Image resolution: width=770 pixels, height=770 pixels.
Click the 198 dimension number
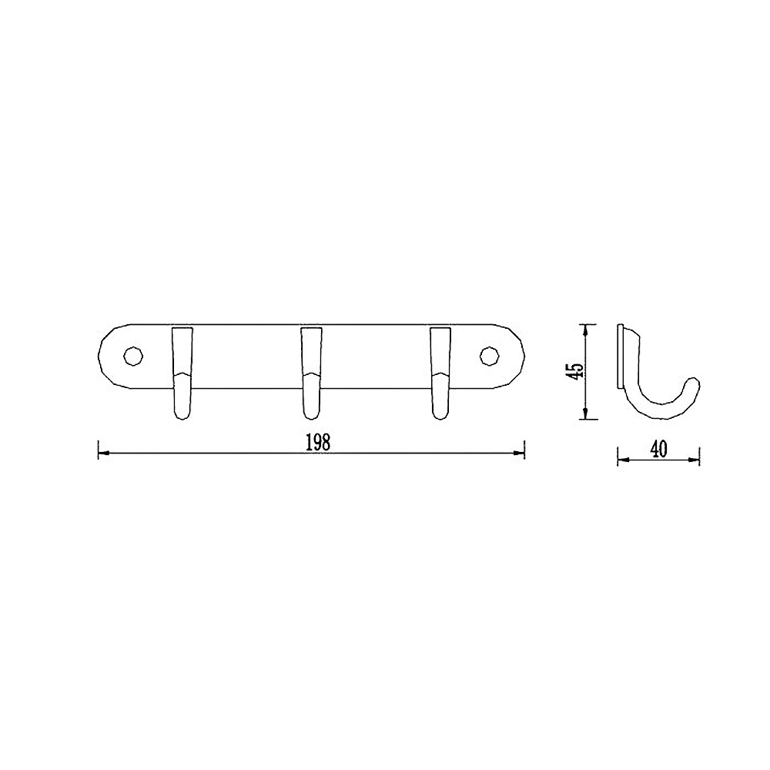click(318, 444)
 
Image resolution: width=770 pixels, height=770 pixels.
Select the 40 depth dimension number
click(658, 450)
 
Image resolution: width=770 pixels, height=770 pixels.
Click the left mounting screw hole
click(132, 356)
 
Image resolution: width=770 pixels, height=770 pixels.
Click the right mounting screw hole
click(489, 356)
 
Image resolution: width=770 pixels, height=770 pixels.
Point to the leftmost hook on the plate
click(182, 373)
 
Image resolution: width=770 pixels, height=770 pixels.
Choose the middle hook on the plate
click(311, 373)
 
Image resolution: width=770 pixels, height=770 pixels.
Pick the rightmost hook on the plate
click(440, 373)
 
